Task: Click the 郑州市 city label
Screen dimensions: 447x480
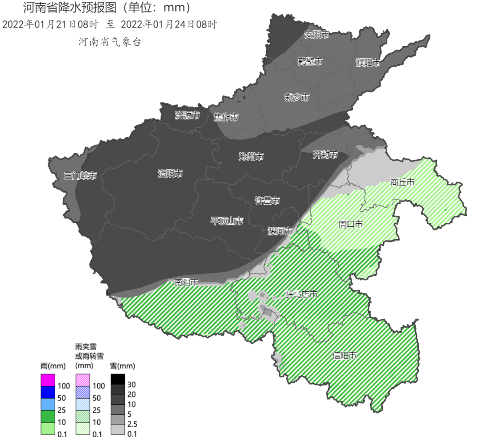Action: click(251, 156)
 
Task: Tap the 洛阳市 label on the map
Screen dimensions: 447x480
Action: click(170, 174)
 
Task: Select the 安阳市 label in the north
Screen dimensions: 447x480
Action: click(316, 35)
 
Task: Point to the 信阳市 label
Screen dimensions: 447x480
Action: click(345, 356)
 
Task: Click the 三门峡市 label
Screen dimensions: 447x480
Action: click(80, 176)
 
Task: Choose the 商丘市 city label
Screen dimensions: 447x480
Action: click(402, 182)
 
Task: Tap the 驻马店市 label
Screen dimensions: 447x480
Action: click(301, 294)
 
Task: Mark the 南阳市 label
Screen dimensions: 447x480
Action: click(186, 282)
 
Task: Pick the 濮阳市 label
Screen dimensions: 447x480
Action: click(368, 63)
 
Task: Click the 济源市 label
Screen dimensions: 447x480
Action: click(187, 116)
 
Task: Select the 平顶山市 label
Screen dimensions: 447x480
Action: click(227, 221)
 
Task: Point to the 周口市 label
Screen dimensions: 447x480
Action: click(350, 225)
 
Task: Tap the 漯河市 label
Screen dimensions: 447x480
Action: click(280, 231)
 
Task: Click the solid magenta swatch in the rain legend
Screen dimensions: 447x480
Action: click(48, 380)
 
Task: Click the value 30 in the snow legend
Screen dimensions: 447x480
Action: click(132, 384)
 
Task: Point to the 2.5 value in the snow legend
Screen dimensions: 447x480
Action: click(132, 424)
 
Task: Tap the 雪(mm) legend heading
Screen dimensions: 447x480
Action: click(122, 366)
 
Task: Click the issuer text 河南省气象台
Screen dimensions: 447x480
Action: click(109, 42)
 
